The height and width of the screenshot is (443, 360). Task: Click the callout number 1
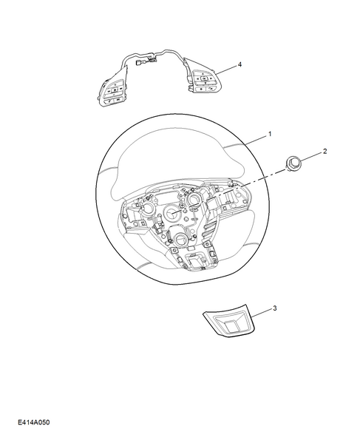pos(270,135)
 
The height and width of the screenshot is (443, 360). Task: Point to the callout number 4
pos(240,66)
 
